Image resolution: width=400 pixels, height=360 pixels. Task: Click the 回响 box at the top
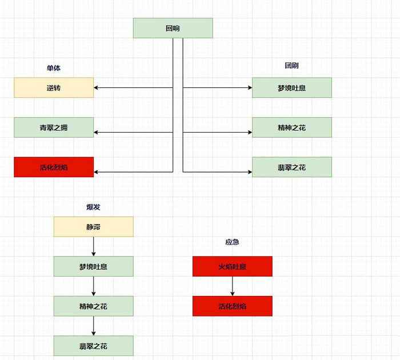pos(173,28)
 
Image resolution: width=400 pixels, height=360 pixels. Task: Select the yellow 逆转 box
pos(54,88)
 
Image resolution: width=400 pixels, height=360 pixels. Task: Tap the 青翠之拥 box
pos(54,127)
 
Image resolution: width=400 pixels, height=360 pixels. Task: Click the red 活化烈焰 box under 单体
pos(54,167)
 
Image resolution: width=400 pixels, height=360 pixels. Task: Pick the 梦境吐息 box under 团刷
pos(291,88)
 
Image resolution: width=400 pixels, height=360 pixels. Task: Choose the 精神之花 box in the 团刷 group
pos(291,127)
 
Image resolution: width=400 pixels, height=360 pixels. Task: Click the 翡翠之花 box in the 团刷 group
pos(291,167)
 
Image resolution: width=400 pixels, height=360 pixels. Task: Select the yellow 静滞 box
pos(93,227)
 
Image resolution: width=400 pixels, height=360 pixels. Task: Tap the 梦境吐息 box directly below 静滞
pos(93,266)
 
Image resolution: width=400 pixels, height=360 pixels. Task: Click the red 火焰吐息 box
pos(232,266)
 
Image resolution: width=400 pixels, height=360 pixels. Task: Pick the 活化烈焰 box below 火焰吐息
pos(232,306)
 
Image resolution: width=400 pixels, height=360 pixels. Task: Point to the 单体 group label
pos(54,68)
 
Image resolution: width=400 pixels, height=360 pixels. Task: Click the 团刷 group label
pos(291,66)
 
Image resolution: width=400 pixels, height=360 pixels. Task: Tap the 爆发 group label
pos(93,207)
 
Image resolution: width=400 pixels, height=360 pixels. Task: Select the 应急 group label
pos(232,242)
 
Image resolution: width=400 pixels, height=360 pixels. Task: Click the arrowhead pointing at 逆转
pos(97,88)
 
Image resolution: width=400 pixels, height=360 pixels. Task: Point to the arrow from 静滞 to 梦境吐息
pos(93,246)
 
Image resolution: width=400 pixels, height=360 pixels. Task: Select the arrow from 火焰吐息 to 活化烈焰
pos(232,286)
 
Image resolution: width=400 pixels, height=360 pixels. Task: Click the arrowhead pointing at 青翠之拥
pos(97,132)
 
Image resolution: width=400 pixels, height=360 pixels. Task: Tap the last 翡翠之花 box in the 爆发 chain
pos(93,346)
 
